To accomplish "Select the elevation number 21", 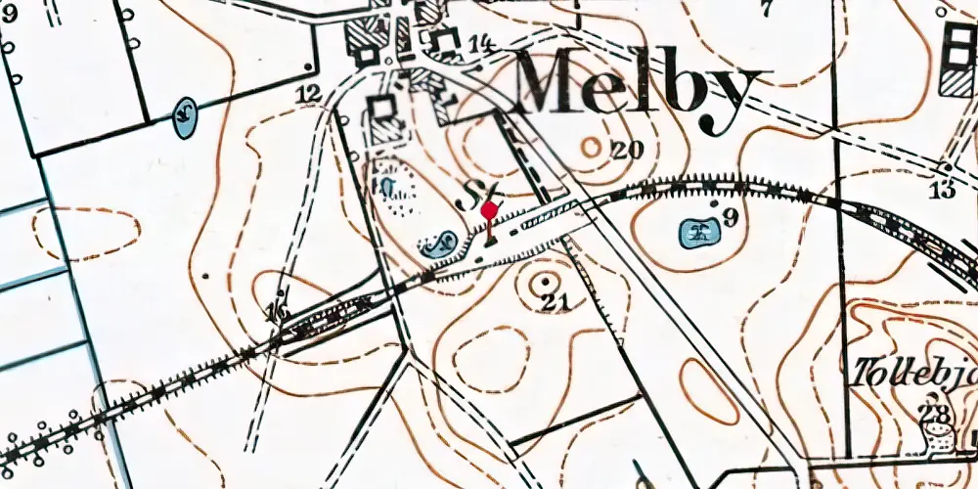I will point(555,303).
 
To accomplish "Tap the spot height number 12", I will point(309,94).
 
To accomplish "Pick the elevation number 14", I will point(479,43).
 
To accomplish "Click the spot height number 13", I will point(943,191).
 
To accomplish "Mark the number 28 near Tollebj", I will point(936,414).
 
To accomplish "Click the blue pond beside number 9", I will point(698,233).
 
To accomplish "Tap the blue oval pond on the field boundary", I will point(183,116).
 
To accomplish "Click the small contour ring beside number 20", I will point(592,147).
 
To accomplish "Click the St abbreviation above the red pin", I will point(486,190).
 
